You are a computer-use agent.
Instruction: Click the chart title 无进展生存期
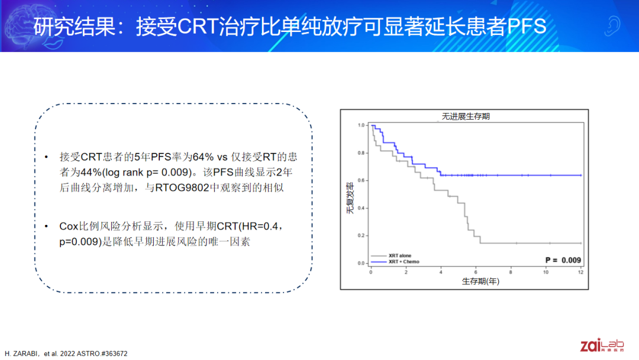coord(466,117)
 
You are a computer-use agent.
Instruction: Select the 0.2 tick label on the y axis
coord(361,236)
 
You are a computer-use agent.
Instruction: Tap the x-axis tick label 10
coord(546,272)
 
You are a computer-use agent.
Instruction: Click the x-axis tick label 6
coord(476,272)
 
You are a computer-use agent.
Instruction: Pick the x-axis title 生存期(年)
coord(480,281)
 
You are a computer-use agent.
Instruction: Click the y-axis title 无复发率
coord(350,198)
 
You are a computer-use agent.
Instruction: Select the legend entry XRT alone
coord(391,256)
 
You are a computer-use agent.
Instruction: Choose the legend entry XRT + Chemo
coord(395,262)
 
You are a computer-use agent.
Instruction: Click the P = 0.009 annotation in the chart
coord(563,260)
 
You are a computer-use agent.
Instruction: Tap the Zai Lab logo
coord(602,345)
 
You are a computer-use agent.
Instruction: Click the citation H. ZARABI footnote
coord(66,353)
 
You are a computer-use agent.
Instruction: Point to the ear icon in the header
coord(612,26)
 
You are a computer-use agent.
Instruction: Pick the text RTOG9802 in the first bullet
coord(182,188)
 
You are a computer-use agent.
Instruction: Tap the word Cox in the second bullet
coord(69,226)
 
